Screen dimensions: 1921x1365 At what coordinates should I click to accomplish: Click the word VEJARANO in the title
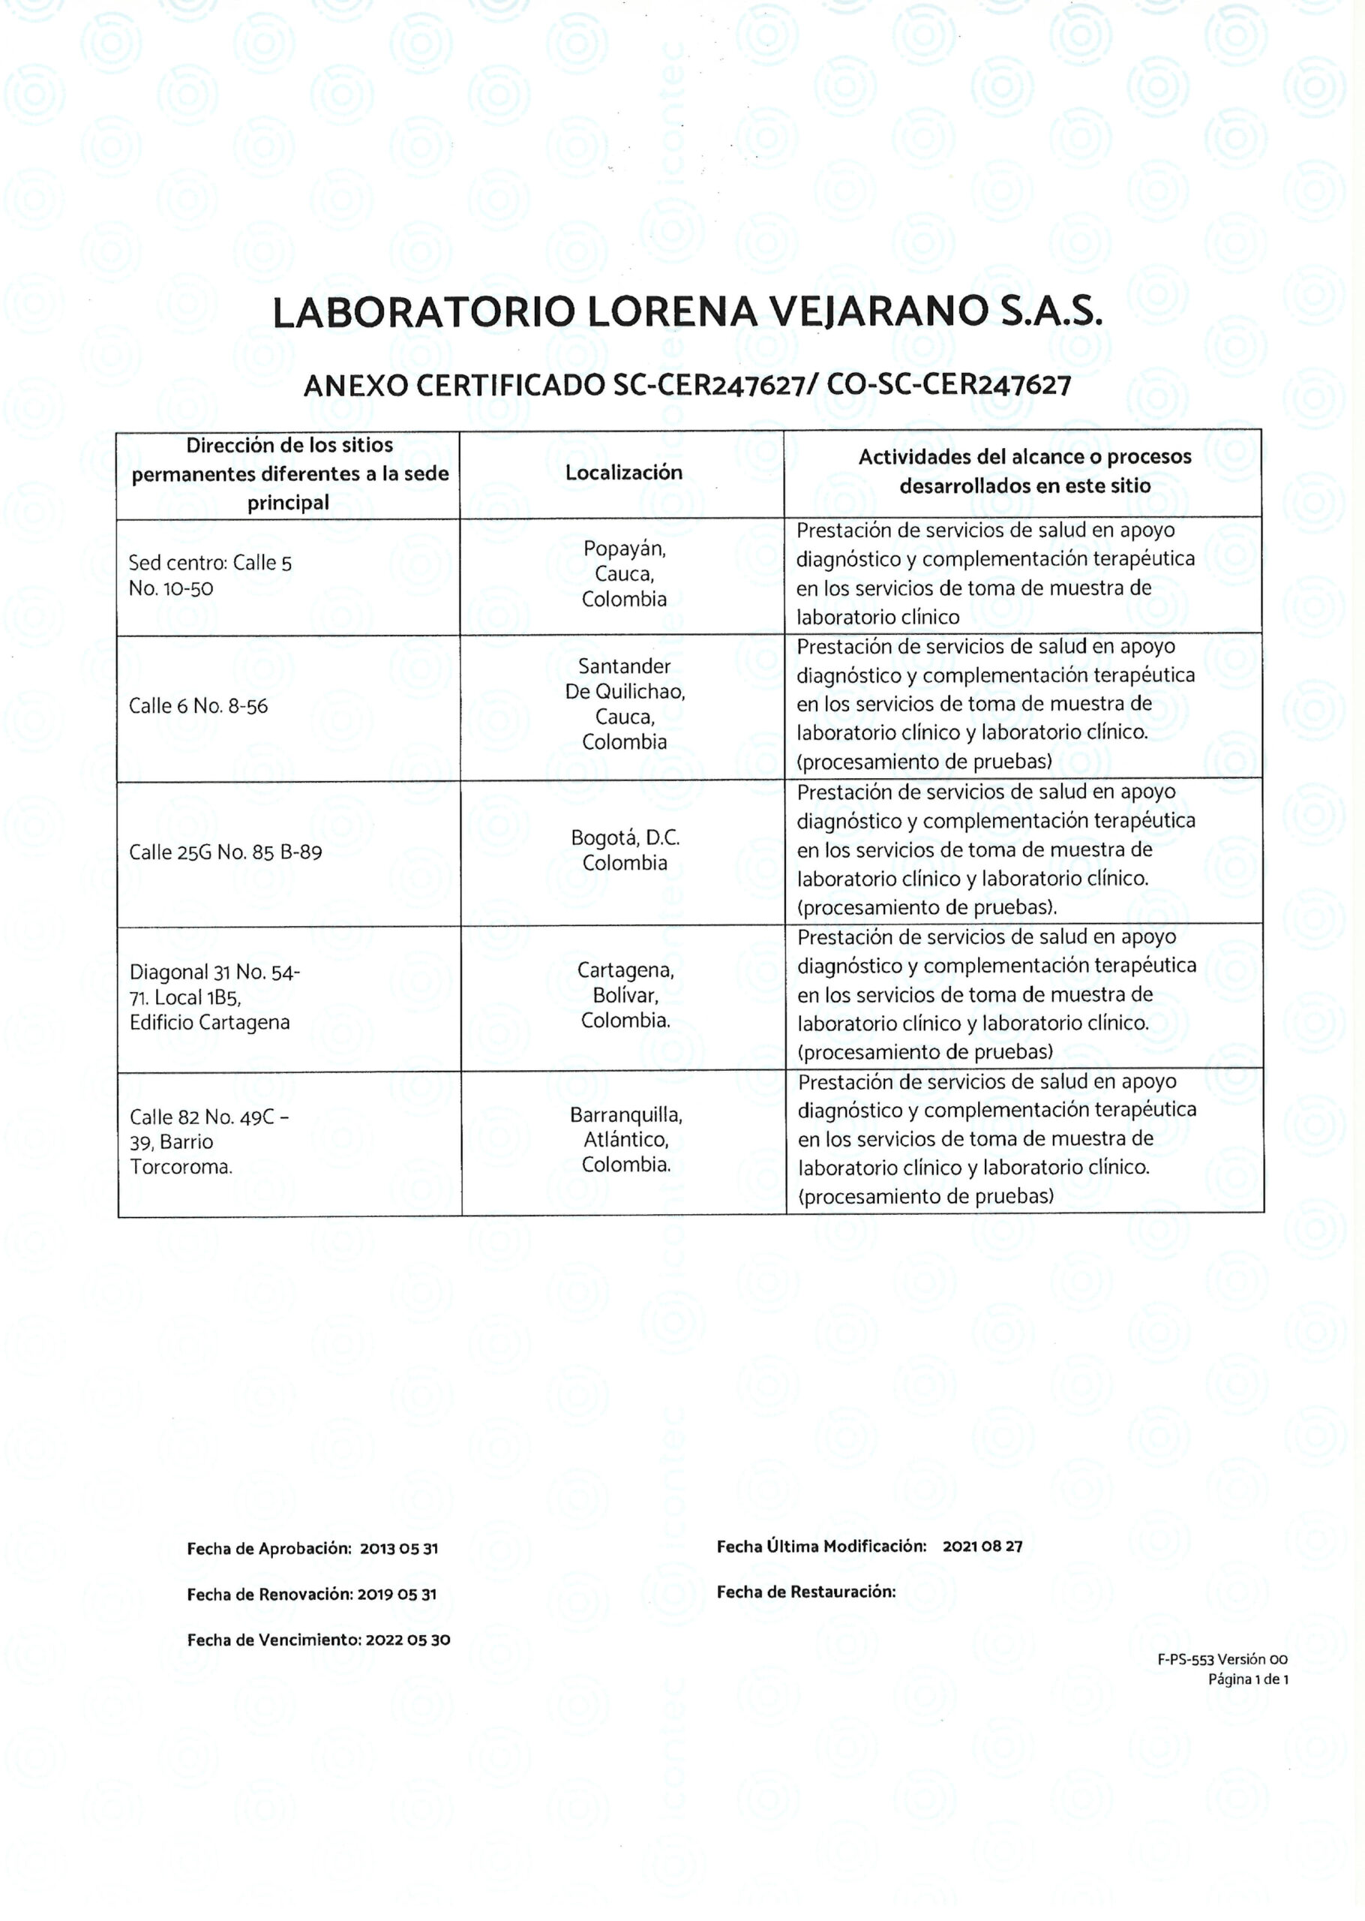[x=878, y=312]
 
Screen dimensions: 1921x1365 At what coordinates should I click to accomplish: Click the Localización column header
[x=624, y=473]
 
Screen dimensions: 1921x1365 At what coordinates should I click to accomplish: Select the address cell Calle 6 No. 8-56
[x=198, y=706]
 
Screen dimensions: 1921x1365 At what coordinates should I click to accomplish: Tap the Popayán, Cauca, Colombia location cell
[x=624, y=573]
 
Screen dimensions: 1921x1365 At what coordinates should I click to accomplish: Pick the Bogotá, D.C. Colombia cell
[x=625, y=850]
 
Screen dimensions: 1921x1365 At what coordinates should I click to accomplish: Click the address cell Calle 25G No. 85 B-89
[x=225, y=852]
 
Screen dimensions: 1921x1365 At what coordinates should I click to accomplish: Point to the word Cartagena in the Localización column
[x=625, y=970]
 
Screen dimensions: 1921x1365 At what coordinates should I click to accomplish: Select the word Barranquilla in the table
[x=625, y=1115]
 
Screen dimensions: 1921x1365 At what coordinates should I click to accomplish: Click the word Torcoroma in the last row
[x=181, y=1167]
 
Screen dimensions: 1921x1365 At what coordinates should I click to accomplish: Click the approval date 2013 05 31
[x=399, y=1549]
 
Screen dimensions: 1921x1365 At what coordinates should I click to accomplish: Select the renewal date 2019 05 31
[x=397, y=1594]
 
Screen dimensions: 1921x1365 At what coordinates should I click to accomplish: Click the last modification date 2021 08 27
[x=982, y=1546]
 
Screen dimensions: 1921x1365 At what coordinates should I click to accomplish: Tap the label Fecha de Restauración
[x=806, y=1592]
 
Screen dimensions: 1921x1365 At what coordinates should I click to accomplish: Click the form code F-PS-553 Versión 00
[x=1221, y=1660]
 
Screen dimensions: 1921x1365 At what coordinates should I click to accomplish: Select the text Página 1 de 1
[x=1247, y=1679]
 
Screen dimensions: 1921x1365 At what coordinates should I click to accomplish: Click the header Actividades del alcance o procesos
[x=1024, y=457]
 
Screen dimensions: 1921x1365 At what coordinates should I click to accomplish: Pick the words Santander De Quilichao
[x=625, y=679]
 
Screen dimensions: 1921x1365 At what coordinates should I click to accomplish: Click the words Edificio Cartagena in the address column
[x=209, y=1022]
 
